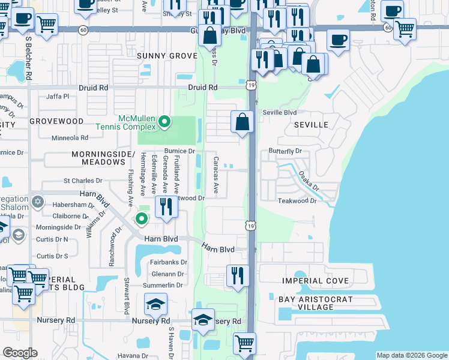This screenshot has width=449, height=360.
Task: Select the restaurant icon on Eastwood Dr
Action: click(x=166, y=206)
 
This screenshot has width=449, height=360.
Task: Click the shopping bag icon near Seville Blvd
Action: click(x=241, y=122)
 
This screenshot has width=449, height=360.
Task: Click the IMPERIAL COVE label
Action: click(x=316, y=281)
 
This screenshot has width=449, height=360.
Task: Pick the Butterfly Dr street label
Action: click(x=285, y=151)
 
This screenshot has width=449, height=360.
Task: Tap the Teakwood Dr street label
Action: click(x=297, y=200)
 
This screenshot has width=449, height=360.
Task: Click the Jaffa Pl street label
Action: click(x=58, y=96)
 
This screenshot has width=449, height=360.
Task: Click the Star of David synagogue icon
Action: click(x=37, y=201)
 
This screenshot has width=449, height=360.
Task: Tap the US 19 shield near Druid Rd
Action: click(x=251, y=86)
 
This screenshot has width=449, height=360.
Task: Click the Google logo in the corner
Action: click(x=20, y=353)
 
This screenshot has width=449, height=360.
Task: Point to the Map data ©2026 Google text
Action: click(x=411, y=355)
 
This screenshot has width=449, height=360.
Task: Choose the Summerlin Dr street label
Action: click(x=166, y=284)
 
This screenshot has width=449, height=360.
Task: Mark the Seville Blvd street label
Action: click(x=280, y=112)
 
